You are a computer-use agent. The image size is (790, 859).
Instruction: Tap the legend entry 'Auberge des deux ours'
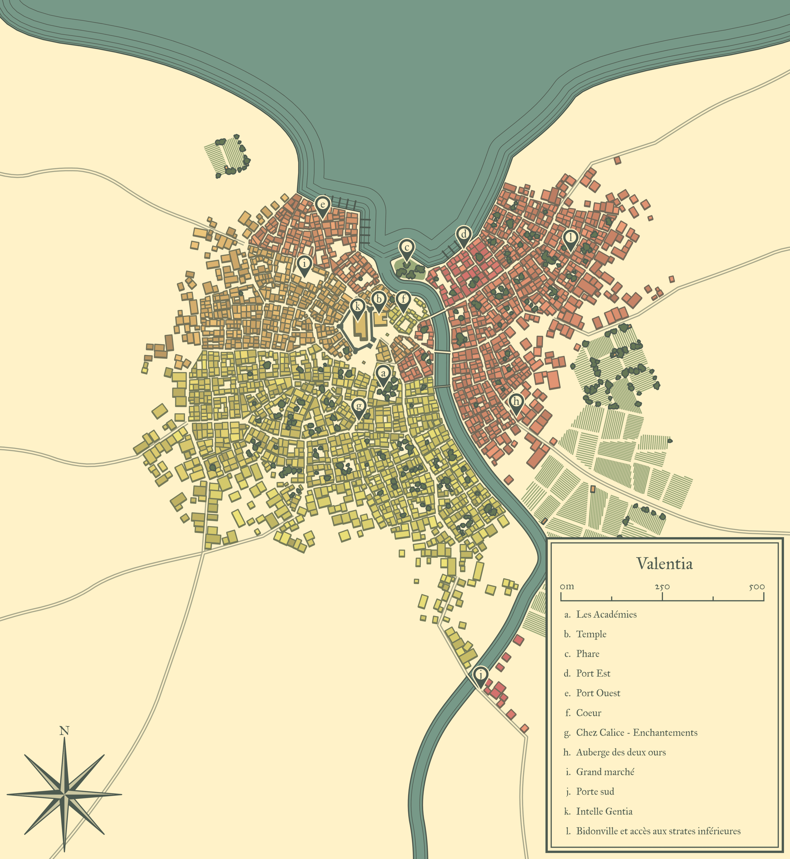point(621,752)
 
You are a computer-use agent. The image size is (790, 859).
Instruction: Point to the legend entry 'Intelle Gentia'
point(604,811)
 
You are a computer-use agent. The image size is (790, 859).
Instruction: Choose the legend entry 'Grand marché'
point(605,772)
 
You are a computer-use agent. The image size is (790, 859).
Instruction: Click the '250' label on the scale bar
point(662,587)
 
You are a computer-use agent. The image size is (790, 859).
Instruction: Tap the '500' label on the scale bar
point(757,587)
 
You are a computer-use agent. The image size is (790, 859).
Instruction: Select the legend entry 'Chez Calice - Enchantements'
point(637,732)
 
